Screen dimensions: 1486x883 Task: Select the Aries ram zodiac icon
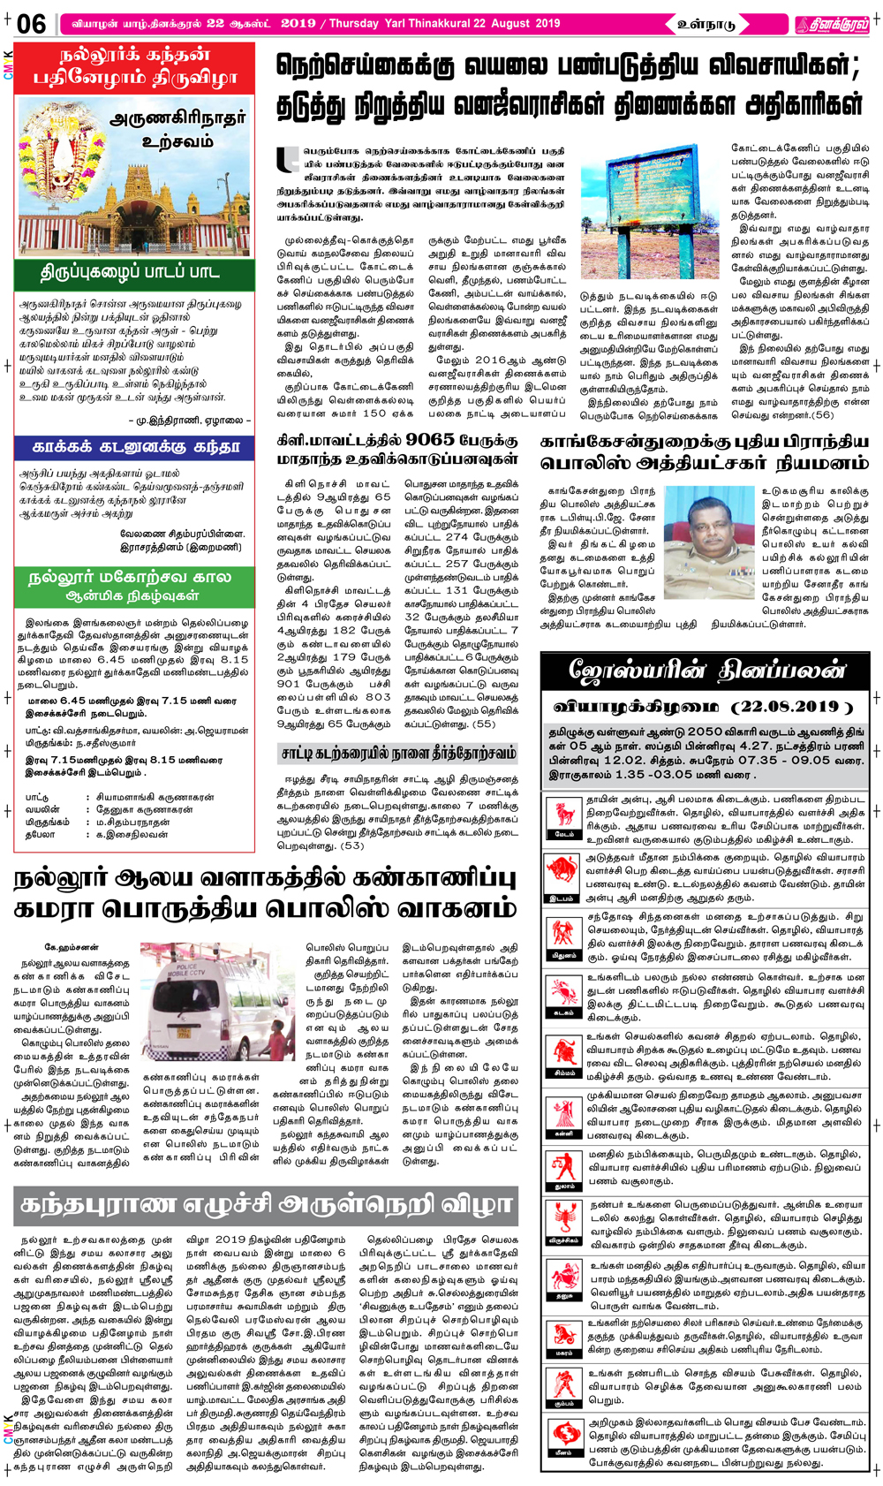point(563,815)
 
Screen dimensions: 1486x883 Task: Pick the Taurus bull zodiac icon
point(563,875)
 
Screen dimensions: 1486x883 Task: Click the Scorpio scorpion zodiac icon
point(563,1224)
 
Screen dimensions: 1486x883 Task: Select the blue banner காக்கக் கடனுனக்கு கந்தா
point(135,447)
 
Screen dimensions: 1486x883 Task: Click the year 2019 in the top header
point(298,23)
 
